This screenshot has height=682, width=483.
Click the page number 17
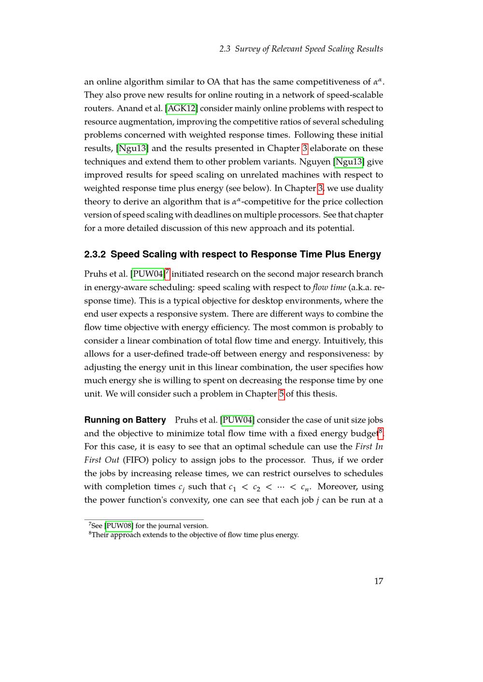[379, 581]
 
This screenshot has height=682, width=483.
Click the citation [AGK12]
[181, 109]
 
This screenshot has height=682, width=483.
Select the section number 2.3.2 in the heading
[96, 254]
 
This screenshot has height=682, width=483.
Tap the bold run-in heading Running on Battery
[125, 420]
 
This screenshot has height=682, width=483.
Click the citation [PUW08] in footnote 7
[119, 526]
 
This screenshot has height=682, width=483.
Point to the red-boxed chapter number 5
[282, 394]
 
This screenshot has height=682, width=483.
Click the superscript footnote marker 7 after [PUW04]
[167, 273]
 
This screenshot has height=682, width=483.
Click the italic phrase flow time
[329, 287]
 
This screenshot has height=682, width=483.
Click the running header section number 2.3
[225, 49]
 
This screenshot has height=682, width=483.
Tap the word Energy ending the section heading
[363, 254]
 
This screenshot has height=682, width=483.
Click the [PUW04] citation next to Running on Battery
[237, 420]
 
